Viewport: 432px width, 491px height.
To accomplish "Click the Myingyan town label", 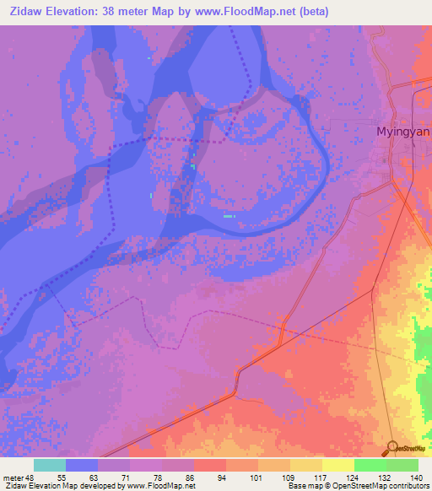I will (402, 132).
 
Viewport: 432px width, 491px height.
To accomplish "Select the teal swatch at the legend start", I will (50, 465).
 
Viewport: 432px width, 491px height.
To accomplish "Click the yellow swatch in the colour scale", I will (338, 465).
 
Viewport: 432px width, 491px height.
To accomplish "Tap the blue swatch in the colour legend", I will (82, 465).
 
